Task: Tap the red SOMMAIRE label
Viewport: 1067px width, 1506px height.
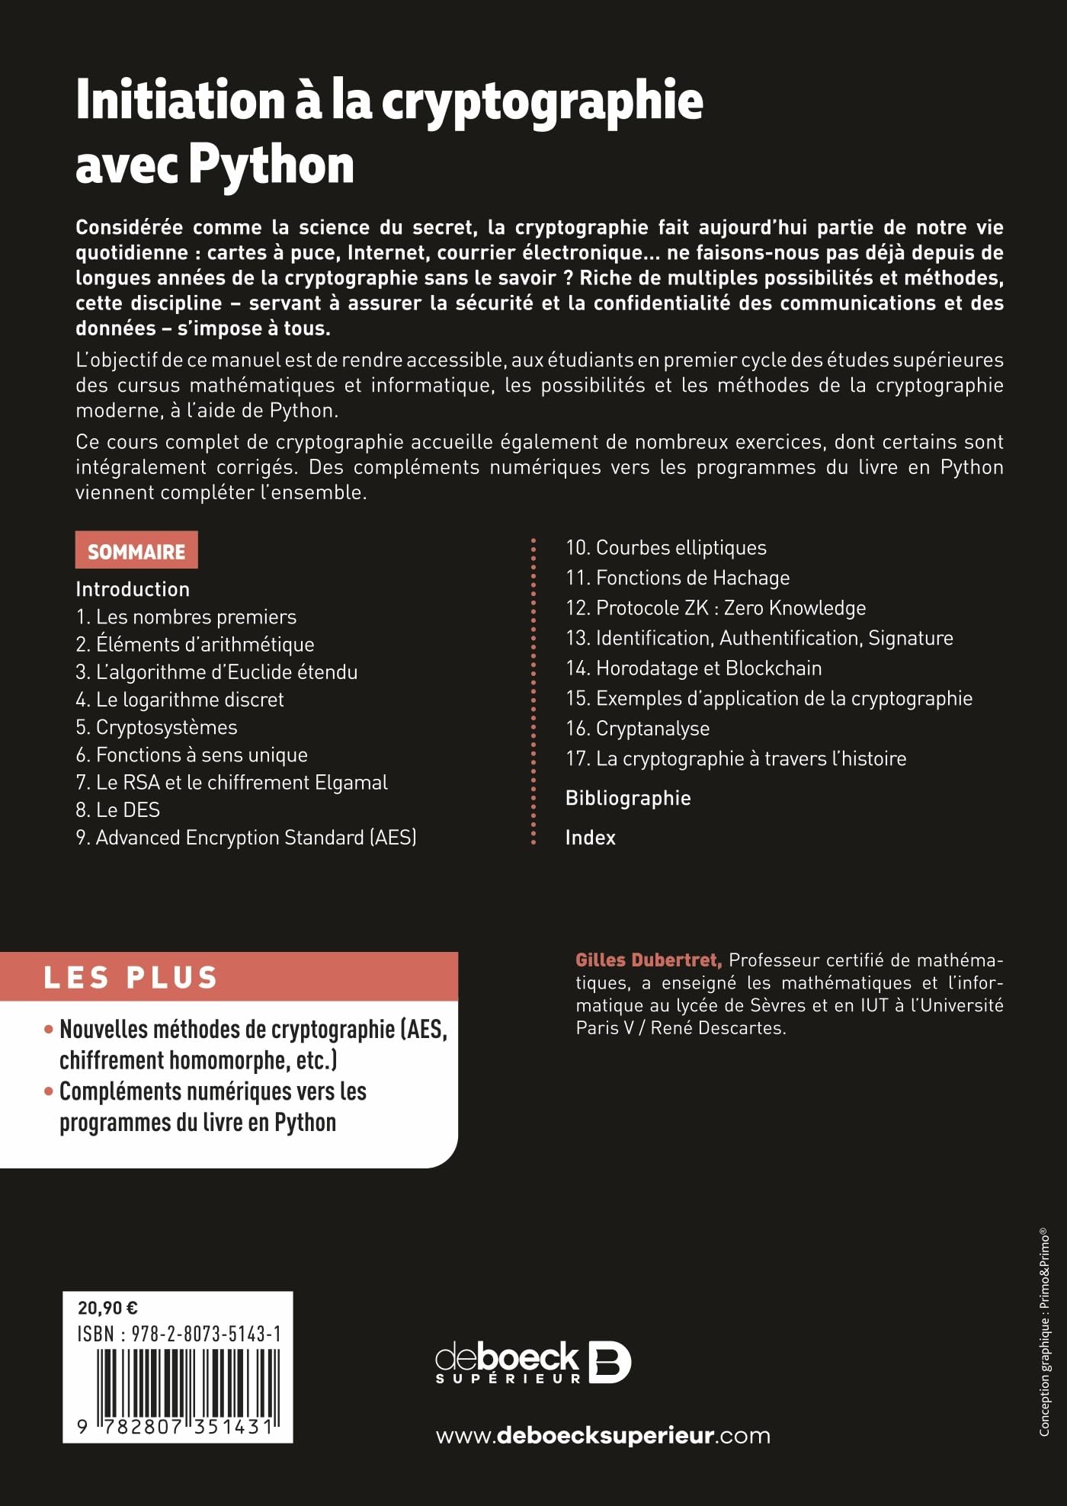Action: point(136,551)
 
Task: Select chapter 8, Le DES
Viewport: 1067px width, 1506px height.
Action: point(118,809)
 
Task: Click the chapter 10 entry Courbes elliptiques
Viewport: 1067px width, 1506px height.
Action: point(666,547)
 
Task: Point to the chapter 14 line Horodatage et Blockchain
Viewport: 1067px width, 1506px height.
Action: point(694,668)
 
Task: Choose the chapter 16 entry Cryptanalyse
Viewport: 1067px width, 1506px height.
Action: point(637,728)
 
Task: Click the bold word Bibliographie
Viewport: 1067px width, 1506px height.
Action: point(628,798)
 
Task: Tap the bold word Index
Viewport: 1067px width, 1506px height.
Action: point(591,837)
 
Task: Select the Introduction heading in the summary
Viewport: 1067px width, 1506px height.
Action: point(133,588)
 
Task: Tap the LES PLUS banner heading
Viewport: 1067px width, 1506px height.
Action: point(131,977)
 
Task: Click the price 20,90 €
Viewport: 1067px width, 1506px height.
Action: point(107,1309)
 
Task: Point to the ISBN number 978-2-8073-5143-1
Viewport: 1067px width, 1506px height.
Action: point(206,1334)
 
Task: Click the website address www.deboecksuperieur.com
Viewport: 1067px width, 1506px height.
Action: point(603,1436)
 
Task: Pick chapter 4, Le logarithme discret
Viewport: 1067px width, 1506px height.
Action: point(180,699)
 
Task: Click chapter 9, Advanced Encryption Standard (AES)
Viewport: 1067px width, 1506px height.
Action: point(246,837)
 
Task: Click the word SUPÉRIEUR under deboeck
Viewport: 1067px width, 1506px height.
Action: point(508,1378)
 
